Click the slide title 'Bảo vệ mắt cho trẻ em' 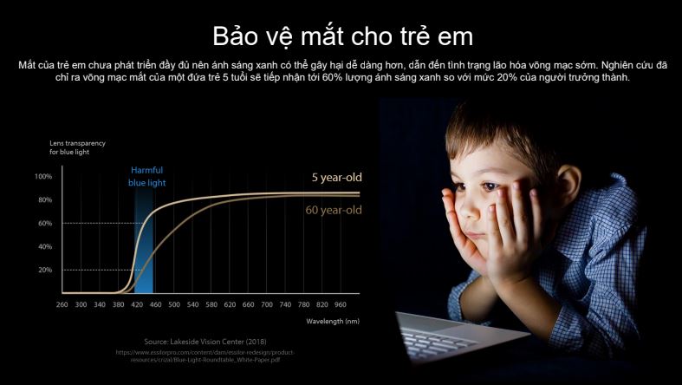coord(342,36)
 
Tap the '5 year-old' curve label coord(336,178)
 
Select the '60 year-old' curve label coord(334,211)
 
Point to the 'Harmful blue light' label coord(146,176)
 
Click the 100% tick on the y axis coord(43,176)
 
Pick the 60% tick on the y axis coord(45,223)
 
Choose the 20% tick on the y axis coord(45,270)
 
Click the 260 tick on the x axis coord(62,305)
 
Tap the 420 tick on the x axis coord(136,305)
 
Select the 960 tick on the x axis coord(340,305)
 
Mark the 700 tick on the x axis coord(266,305)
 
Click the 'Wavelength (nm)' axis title coord(333,321)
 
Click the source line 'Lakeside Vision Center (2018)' coord(200,342)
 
